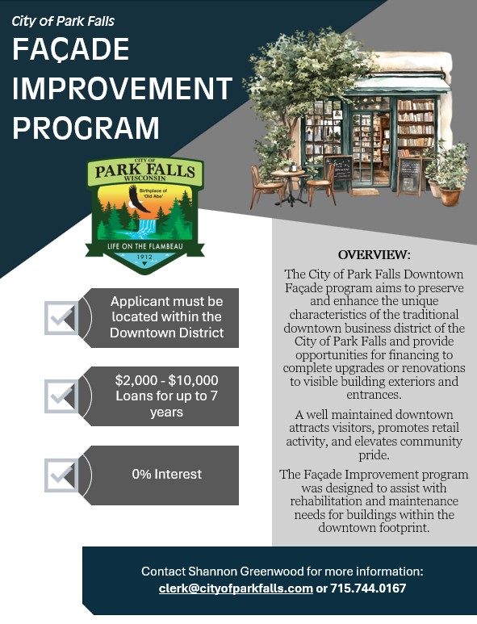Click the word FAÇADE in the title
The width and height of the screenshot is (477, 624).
[x=71, y=50]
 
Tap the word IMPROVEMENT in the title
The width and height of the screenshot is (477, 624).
[x=123, y=88]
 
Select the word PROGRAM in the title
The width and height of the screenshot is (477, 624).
[x=86, y=127]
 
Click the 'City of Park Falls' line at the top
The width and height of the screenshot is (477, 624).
[x=63, y=20]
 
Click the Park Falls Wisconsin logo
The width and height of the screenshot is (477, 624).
[x=144, y=214]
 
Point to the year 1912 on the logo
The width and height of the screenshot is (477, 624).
[x=145, y=257]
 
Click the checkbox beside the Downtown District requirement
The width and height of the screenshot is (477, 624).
[x=61, y=318]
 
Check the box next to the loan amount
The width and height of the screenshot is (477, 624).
[x=61, y=396]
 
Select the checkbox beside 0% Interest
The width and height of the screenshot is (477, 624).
[x=61, y=475]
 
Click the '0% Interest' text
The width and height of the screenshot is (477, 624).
[x=166, y=475]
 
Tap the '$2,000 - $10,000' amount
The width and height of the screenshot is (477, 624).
[x=166, y=379]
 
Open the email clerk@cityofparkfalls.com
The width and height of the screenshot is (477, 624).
[x=236, y=588]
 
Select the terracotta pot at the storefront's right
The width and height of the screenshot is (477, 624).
[x=450, y=195]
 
